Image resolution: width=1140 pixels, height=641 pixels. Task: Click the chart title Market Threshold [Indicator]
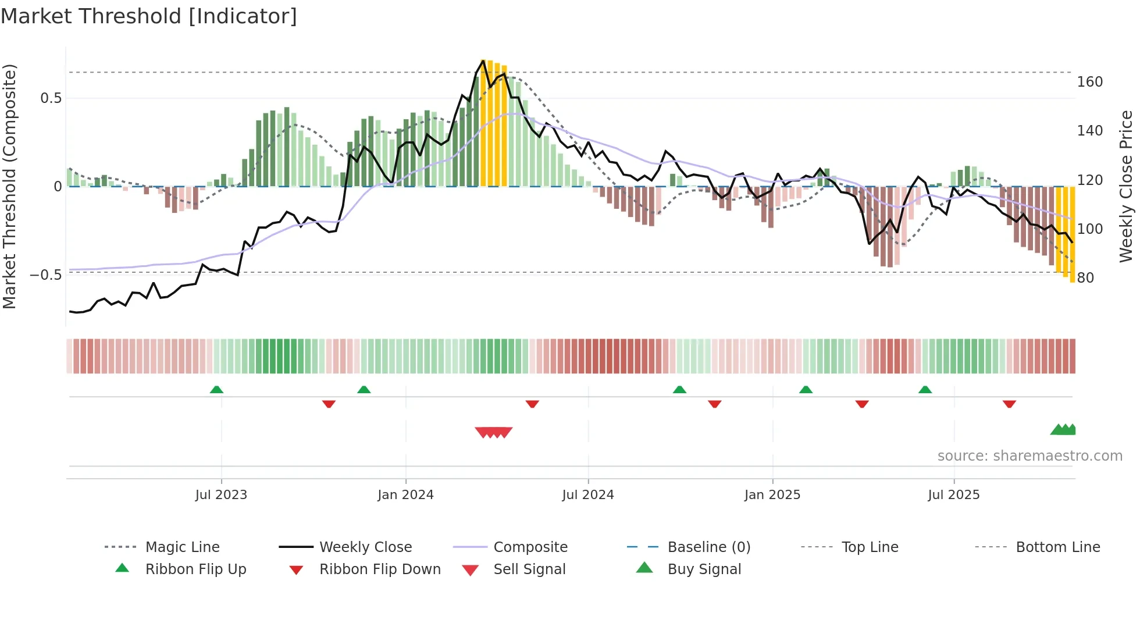tap(149, 16)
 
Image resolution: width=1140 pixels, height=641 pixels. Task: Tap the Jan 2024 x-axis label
tap(405, 495)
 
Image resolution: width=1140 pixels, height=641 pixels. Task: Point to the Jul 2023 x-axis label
tap(221, 495)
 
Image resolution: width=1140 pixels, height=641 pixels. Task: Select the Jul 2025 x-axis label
tap(953, 495)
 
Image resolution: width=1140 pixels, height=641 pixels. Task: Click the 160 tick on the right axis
tap(1089, 82)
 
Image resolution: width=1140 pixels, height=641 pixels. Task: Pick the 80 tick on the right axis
tap(1085, 278)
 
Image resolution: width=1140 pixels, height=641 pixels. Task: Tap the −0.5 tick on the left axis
tap(45, 275)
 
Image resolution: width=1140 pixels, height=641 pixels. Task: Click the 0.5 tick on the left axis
tap(51, 98)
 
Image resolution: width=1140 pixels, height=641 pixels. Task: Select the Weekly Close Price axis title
tap(1126, 186)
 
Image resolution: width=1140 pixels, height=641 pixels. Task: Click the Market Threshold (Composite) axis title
tap(9, 186)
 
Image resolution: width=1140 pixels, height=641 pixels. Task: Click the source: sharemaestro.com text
tap(1029, 456)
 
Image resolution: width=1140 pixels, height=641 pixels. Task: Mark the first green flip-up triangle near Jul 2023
tap(216, 390)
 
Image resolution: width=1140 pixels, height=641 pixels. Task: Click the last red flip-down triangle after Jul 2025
tap(1009, 404)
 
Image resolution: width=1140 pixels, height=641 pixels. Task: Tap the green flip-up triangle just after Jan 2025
tap(806, 390)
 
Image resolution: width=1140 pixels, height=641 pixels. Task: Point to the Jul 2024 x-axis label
tap(587, 495)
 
